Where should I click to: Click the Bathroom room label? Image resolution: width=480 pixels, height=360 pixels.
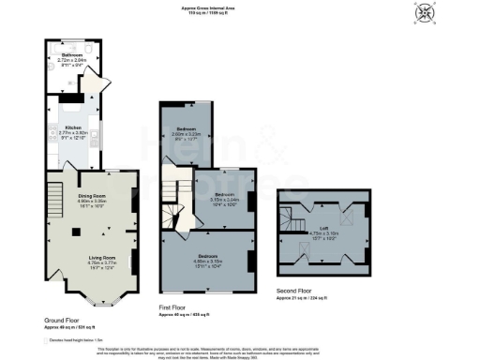click(x=71, y=55)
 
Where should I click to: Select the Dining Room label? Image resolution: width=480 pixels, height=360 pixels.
click(x=92, y=196)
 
